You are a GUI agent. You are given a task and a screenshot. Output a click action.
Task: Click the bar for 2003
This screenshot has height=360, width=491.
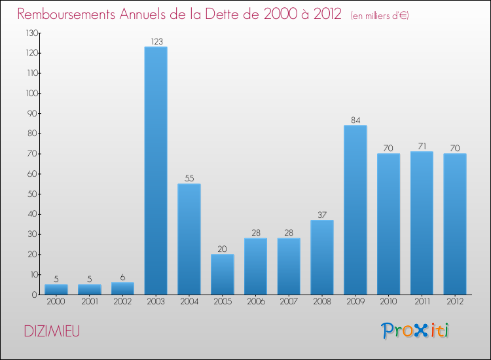[x=156, y=171]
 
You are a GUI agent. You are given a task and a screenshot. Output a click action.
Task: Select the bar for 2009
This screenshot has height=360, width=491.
[x=355, y=210]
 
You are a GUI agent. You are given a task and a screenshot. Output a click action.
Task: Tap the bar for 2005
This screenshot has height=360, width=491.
[x=222, y=274]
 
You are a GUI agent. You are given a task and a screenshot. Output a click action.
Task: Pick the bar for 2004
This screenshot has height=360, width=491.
[x=189, y=239]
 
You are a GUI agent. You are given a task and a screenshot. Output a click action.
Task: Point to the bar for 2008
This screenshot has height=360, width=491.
[x=322, y=257]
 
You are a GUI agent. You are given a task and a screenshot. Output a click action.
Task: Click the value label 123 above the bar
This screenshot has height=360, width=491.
[x=156, y=42]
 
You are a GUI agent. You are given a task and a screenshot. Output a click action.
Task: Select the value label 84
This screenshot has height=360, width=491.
[x=355, y=120]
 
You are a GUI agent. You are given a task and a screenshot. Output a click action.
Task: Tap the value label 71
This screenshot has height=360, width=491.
[x=422, y=147]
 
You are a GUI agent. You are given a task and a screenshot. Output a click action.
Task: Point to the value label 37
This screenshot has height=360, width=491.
[x=322, y=215]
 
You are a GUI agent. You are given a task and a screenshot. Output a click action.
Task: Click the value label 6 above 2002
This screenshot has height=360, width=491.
[x=122, y=278]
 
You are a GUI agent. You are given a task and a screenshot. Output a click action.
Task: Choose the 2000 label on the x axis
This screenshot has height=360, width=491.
[x=56, y=302]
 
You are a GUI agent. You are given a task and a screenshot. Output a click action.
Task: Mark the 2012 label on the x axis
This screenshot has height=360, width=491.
[x=454, y=302]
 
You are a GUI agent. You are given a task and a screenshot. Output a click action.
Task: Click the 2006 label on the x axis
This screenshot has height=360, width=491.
[x=255, y=302]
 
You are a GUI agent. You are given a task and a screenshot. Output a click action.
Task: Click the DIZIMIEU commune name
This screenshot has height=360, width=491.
[x=52, y=331]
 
